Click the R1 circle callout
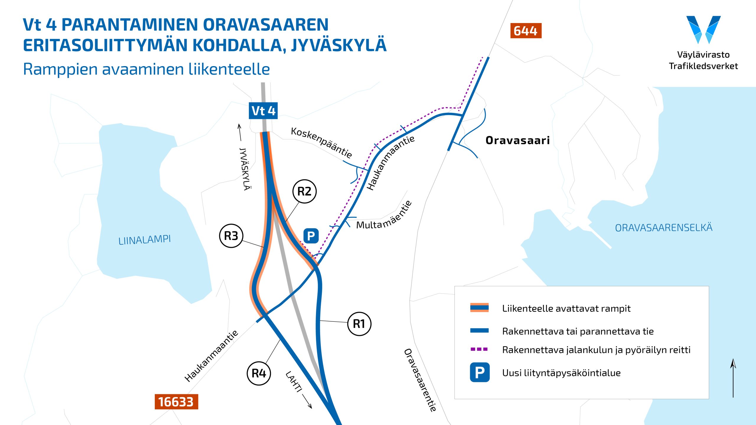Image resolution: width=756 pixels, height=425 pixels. (359, 324)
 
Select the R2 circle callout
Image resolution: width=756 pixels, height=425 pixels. (304, 191)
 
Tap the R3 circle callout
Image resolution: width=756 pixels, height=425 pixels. (231, 236)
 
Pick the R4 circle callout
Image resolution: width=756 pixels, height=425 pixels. (259, 373)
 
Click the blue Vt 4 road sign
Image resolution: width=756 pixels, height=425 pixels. (263, 111)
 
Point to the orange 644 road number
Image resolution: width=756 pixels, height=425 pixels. (526, 31)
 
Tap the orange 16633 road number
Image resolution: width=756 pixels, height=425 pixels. (176, 402)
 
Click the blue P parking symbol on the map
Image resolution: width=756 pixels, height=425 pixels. (311, 236)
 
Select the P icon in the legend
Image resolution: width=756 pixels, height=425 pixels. (480, 372)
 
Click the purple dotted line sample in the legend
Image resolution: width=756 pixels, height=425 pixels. (479, 349)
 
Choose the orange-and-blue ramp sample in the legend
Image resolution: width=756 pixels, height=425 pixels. (479, 308)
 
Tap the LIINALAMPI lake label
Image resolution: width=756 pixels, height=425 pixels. (144, 240)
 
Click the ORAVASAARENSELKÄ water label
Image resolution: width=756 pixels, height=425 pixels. (664, 228)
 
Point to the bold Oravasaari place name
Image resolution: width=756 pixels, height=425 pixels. (517, 140)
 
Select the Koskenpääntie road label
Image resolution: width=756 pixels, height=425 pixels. (322, 142)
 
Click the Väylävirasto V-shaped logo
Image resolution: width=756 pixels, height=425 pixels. (703, 30)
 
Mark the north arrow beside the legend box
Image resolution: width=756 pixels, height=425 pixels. (733, 378)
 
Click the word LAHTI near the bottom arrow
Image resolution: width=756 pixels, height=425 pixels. (294, 382)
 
